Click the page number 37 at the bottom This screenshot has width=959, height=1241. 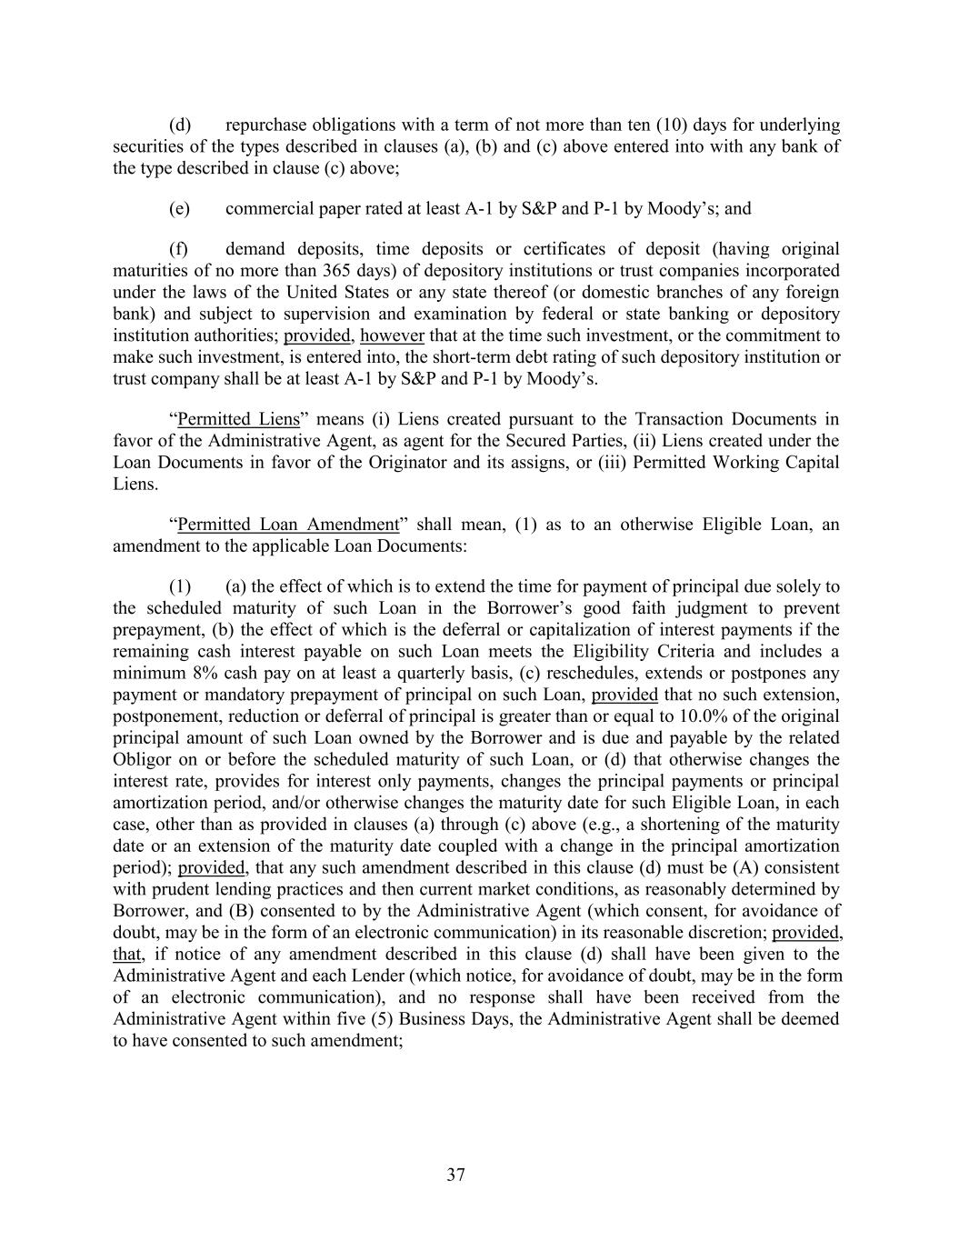point(456,1175)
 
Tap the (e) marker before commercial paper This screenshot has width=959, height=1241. point(179,208)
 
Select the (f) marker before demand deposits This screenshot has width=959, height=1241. point(179,248)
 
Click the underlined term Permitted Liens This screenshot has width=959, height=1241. point(238,419)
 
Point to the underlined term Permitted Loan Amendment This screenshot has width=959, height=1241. point(288,525)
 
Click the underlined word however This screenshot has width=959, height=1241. point(392,335)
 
